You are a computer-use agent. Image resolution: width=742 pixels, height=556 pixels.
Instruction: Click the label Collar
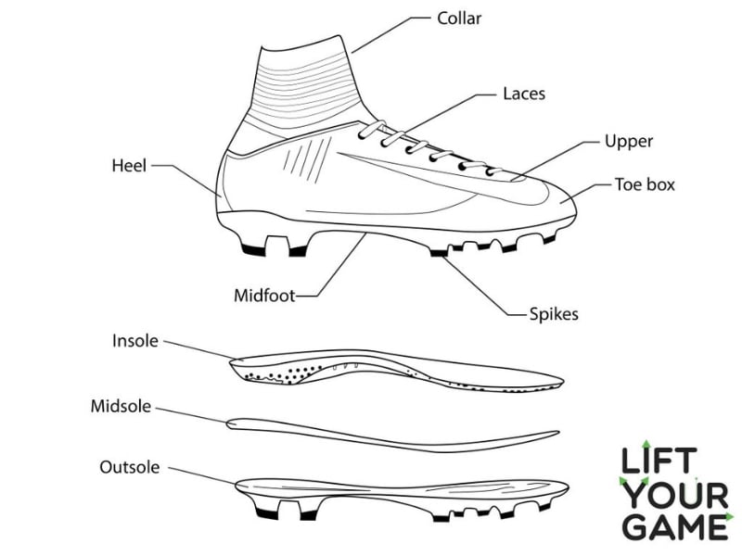[x=460, y=19]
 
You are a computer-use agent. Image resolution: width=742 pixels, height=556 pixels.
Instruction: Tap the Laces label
[x=523, y=94]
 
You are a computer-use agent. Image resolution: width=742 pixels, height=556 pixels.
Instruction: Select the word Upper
[x=629, y=142]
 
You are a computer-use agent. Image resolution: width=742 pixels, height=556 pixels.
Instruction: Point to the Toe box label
[x=645, y=184]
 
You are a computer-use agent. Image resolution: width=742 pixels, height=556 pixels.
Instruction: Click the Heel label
[x=129, y=166]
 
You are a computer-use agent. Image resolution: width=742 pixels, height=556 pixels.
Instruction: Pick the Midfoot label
[x=264, y=297]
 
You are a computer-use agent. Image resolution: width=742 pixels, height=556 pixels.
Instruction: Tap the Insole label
[x=136, y=341]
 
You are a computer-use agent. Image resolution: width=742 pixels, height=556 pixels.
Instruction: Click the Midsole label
[x=121, y=406]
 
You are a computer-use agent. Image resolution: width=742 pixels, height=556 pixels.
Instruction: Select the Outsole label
[x=128, y=466]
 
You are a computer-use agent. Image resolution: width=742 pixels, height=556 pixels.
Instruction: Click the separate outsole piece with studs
[x=399, y=491]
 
